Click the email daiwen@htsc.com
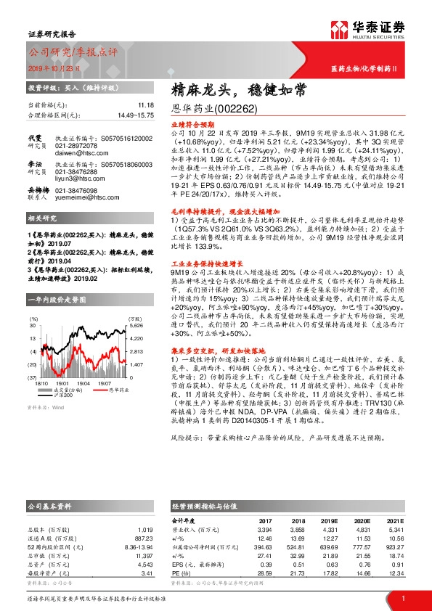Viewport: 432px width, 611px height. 75,153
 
